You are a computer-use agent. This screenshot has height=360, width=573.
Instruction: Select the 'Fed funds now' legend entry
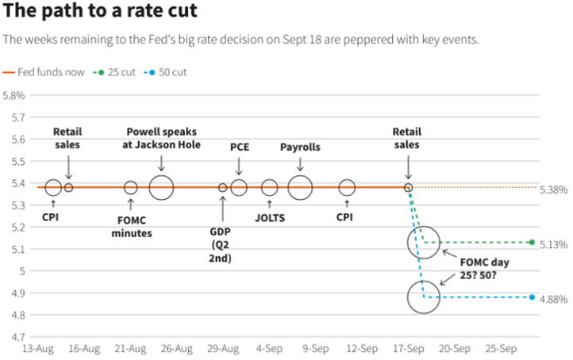pyautogui.click(x=50, y=72)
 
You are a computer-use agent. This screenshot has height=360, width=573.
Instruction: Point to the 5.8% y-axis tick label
pyautogui.click(x=15, y=95)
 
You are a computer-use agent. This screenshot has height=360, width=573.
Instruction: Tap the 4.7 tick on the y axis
pyautogui.click(x=17, y=337)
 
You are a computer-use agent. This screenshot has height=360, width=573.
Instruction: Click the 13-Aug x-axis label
pyautogui.click(x=37, y=349)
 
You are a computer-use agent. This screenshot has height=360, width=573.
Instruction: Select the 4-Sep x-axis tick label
pyautogui.click(x=270, y=349)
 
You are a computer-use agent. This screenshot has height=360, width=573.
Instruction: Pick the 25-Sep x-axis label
pyautogui.click(x=502, y=349)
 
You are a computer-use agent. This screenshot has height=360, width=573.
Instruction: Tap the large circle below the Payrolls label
pyautogui.click(x=300, y=188)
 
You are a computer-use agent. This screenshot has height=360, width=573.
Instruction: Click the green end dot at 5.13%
pyautogui.click(x=531, y=243)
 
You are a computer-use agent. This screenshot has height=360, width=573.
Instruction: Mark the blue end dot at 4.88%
pyautogui.click(x=531, y=297)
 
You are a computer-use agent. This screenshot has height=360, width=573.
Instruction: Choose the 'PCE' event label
pyautogui.click(x=239, y=147)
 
